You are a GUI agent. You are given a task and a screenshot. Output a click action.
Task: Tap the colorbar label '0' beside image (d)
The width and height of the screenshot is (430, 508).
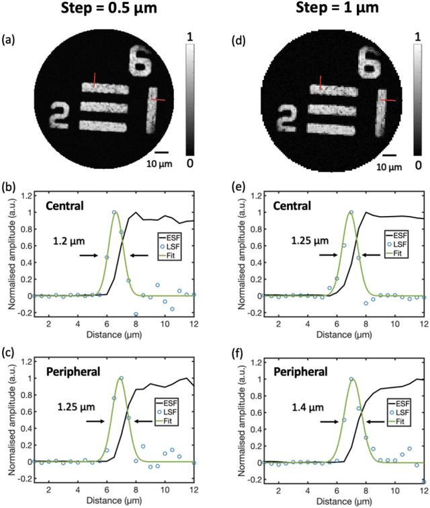pyautogui.click(x=418, y=164)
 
